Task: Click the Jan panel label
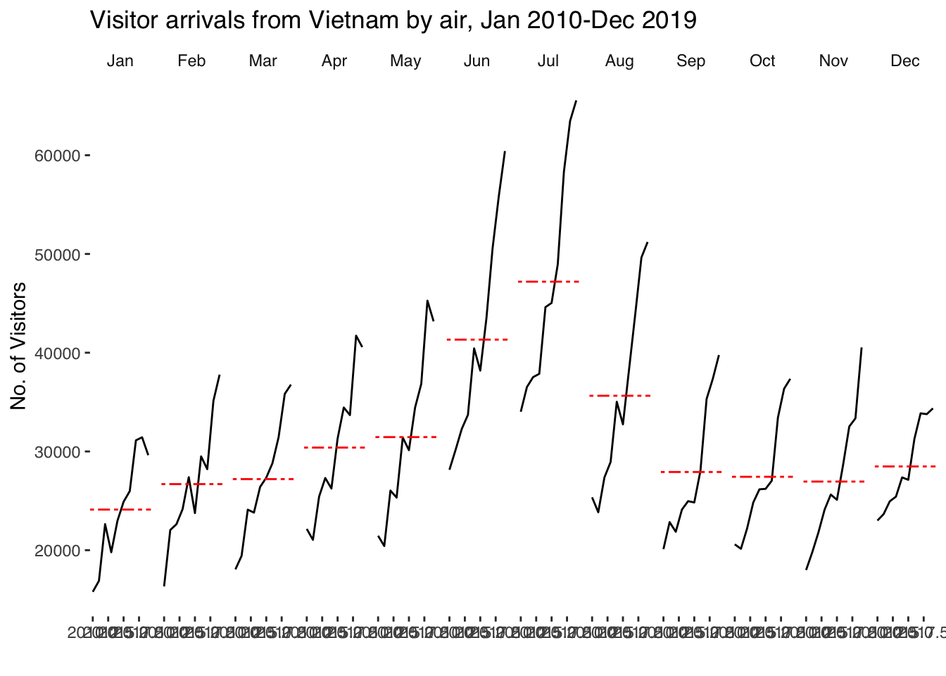point(120,61)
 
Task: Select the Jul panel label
point(548,61)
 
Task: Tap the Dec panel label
point(904,61)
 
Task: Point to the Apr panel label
point(334,61)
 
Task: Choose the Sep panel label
point(690,61)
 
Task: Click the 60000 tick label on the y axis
point(58,156)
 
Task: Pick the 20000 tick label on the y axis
point(58,551)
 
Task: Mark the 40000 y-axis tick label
point(58,353)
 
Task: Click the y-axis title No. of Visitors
point(19,345)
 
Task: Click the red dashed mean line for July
point(548,282)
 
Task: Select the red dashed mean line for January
point(120,509)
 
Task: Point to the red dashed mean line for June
point(477,339)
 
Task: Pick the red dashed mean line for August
point(619,396)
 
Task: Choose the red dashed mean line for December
point(904,466)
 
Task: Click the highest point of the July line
point(576,101)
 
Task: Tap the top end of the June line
point(505,151)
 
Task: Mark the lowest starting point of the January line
point(93,591)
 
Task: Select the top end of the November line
point(862,348)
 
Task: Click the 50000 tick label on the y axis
point(58,254)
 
